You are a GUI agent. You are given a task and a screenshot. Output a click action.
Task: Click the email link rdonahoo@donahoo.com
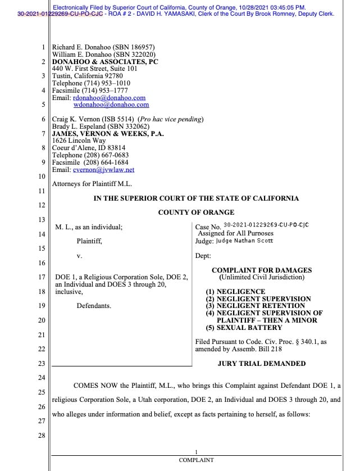click(110, 97)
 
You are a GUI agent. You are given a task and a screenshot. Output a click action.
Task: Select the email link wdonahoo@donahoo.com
click(111, 105)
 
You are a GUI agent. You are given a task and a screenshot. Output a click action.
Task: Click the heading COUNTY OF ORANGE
click(196, 212)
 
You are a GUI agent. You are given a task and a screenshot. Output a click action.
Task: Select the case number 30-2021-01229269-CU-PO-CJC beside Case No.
click(266, 225)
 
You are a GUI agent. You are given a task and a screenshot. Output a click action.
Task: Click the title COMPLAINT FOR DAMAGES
click(262, 270)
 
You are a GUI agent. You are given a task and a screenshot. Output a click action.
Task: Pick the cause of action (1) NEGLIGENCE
click(235, 292)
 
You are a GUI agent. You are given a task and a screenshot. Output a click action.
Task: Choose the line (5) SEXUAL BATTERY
click(244, 328)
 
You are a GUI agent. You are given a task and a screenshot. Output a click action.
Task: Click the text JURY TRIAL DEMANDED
click(262, 364)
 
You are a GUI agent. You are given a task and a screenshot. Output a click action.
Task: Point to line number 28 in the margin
click(41, 436)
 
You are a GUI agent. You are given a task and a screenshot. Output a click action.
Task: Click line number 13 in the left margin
click(41, 219)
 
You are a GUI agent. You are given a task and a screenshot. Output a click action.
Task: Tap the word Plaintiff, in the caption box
click(89, 241)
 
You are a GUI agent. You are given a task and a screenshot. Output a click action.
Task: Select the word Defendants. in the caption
click(94, 306)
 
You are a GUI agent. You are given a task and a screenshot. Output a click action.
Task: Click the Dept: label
click(203, 256)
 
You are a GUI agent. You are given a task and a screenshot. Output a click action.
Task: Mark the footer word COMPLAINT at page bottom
click(196, 460)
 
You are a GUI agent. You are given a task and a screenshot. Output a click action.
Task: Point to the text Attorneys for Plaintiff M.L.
click(92, 183)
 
